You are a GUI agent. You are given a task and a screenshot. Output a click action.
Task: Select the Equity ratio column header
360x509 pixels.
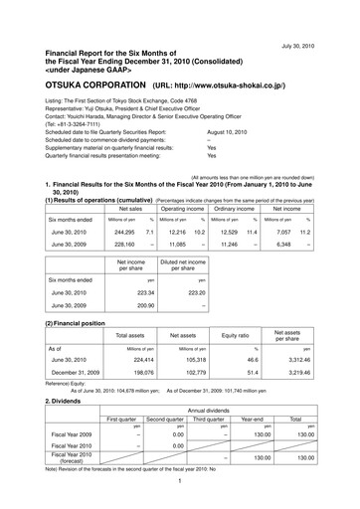(233, 335)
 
